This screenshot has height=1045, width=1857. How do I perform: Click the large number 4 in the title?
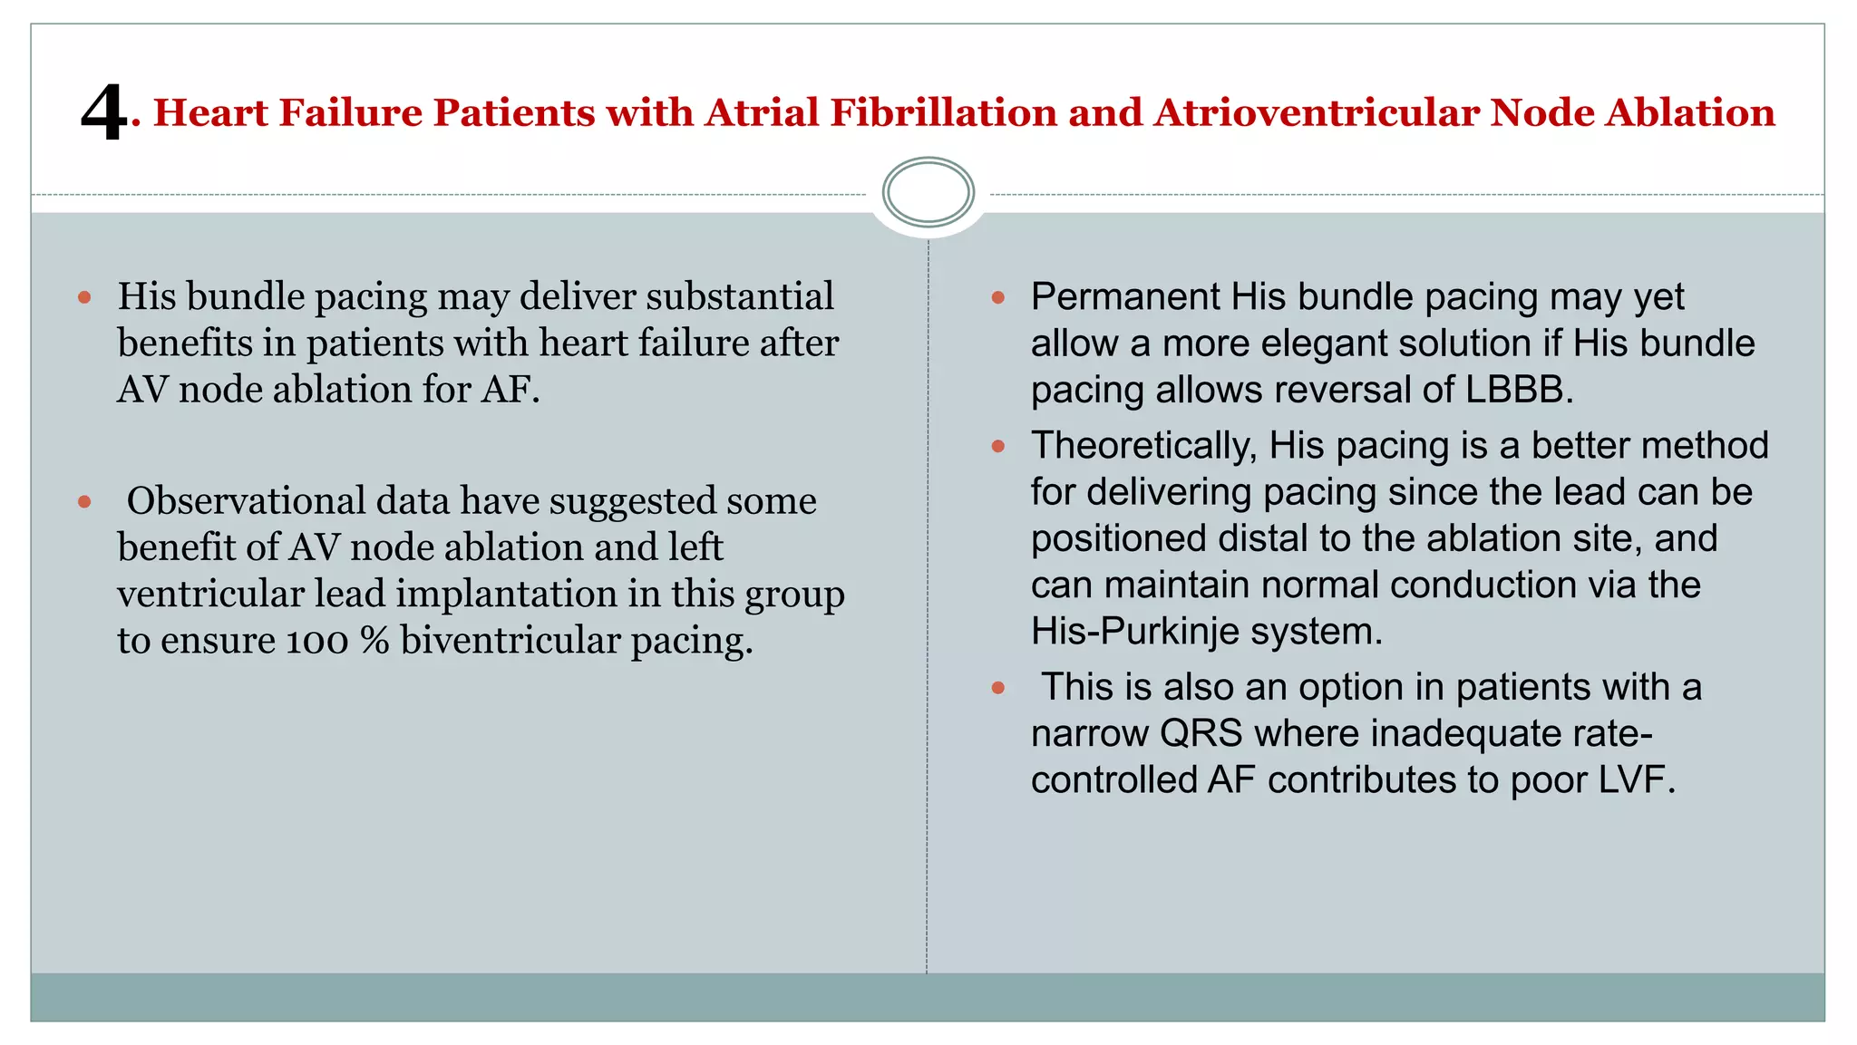103,112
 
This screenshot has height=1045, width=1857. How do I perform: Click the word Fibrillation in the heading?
942,112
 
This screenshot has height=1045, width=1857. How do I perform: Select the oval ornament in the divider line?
928,192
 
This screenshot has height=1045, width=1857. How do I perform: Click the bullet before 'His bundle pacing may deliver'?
85,297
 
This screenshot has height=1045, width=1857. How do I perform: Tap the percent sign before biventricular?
374,641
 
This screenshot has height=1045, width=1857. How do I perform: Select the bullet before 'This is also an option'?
998,688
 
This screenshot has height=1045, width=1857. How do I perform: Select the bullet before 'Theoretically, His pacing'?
998,447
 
